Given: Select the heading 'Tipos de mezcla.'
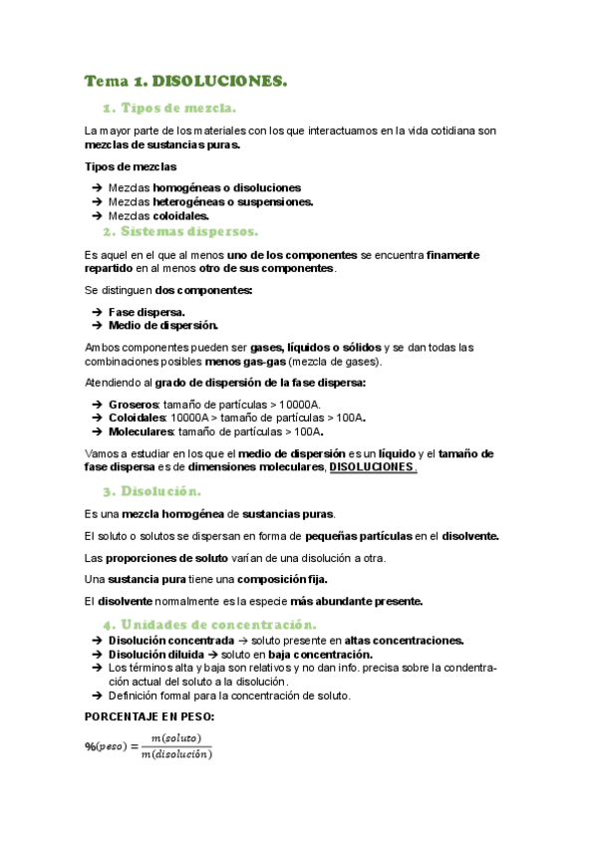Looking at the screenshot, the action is [x=178, y=108].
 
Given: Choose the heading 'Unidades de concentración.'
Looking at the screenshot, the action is [x=217, y=624].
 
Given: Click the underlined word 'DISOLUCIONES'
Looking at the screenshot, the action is [x=372, y=467].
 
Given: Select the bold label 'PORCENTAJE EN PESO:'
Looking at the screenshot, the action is [x=149, y=716].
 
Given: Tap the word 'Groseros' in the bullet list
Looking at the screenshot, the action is [x=134, y=404].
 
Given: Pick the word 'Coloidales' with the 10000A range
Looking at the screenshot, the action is [x=138, y=418].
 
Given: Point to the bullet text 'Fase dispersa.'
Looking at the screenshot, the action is [x=147, y=312].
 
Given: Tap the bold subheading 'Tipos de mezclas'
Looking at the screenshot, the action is [x=131, y=166].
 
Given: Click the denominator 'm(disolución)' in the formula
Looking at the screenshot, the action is [x=176, y=754].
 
